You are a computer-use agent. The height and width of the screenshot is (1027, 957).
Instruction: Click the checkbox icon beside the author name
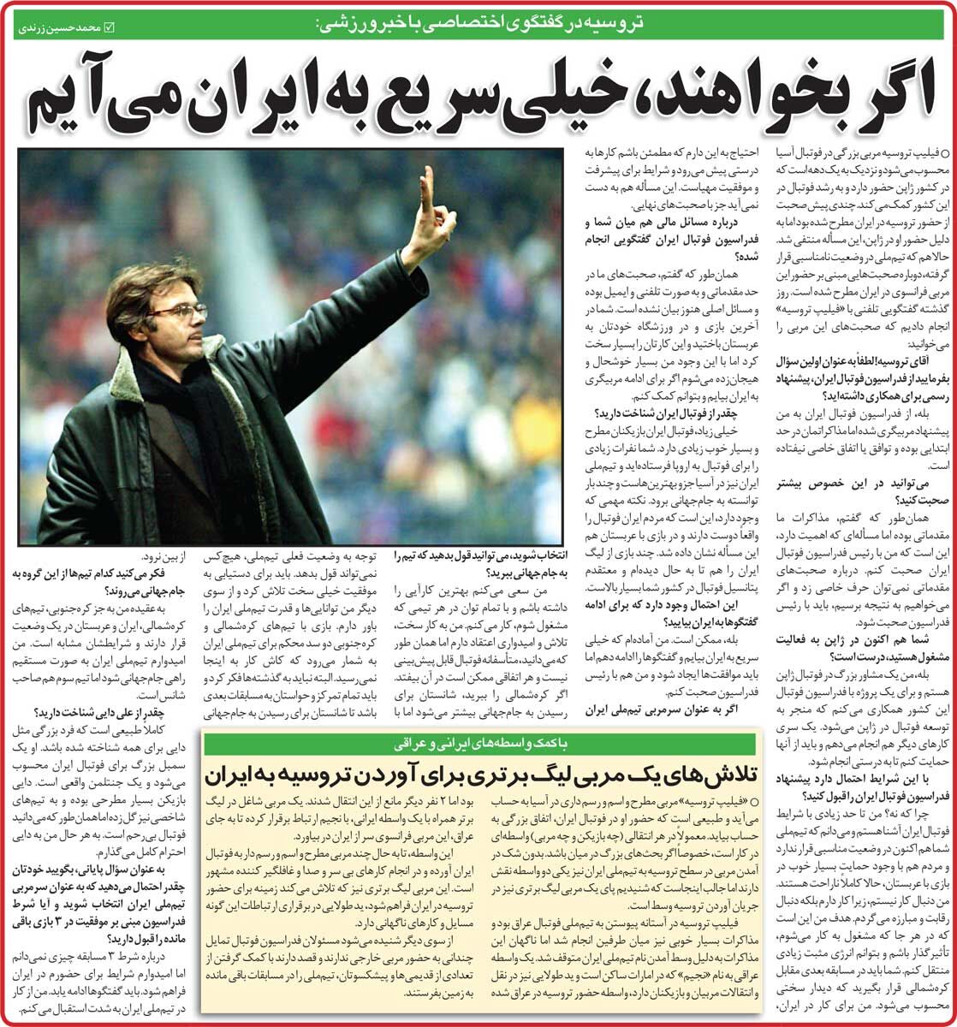[x=107, y=27]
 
